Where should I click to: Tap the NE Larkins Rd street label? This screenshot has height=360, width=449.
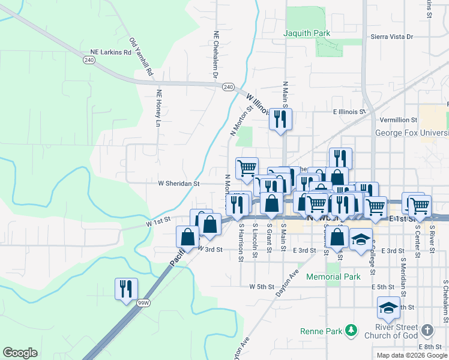[110, 52]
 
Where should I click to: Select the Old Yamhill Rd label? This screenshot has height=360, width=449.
[142, 57]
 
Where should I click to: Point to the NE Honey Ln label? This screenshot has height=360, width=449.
[159, 108]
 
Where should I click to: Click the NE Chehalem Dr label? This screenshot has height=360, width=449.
[215, 54]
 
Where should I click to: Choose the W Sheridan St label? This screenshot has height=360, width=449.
[178, 184]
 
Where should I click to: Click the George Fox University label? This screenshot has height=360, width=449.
[412, 133]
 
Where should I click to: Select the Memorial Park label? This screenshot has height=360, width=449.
[333, 277]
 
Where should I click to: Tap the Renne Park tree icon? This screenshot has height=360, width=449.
[352, 331]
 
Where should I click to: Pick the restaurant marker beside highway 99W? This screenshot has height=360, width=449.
[126, 289]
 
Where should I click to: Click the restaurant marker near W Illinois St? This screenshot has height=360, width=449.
[280, 119]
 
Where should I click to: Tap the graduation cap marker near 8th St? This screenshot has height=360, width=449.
[388, 307]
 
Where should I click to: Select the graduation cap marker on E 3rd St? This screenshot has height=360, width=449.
[361, 239]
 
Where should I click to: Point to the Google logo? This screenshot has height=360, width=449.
[20, 353]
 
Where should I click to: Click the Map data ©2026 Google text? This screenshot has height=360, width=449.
[412, 355]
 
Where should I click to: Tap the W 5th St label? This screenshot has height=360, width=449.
[262, 287]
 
